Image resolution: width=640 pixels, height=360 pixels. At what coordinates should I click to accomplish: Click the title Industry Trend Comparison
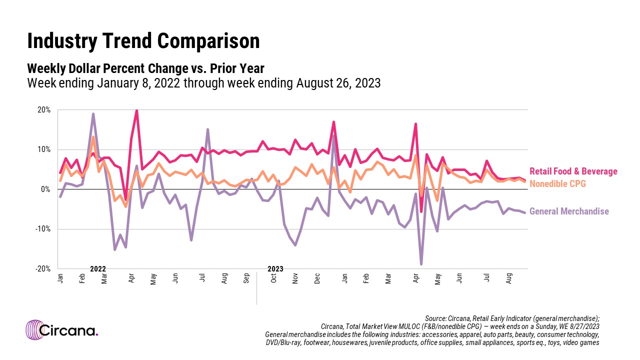143,41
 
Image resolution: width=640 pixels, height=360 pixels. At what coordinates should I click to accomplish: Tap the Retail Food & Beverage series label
573,171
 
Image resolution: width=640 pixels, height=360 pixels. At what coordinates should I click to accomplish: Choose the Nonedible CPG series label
557,184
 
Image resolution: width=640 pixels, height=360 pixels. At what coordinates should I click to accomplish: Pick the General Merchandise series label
569,211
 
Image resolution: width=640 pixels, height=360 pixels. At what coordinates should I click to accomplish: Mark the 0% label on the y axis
46,189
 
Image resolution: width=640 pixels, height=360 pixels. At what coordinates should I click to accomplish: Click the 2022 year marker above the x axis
98,269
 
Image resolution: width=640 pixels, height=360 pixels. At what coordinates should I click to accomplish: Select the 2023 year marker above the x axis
275,269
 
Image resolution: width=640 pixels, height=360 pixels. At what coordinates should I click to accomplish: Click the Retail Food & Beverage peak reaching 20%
136,110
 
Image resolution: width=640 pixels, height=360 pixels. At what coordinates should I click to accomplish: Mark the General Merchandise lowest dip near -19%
421,264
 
